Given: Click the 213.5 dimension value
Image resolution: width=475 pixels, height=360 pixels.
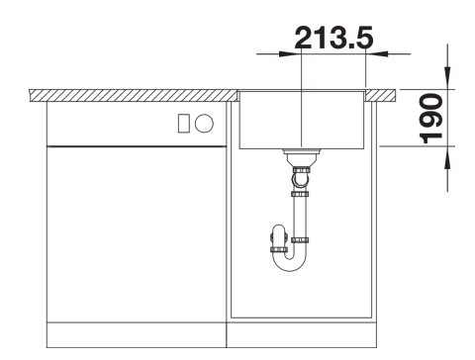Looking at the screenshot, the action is (333, 38).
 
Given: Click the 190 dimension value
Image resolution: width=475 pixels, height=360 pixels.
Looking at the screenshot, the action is (430, 119).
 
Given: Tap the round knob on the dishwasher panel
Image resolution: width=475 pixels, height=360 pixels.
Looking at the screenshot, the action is (204, 124).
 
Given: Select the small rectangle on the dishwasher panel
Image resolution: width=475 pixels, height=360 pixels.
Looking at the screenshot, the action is (183, 124).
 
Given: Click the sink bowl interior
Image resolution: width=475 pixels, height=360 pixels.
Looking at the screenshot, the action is (302, 120).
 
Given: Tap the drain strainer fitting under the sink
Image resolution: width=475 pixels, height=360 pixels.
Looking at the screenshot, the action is (302, 157).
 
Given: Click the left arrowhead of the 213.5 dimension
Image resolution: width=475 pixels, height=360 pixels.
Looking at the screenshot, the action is (290, 53).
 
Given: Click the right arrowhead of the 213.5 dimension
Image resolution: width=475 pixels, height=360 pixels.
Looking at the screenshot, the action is (377, 53).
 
